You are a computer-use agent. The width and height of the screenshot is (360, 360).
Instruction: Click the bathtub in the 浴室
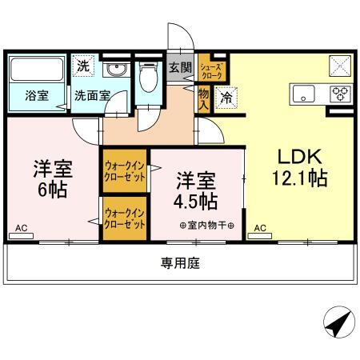(37, 70)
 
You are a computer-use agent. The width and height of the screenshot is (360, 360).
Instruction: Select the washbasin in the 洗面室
(117, 70)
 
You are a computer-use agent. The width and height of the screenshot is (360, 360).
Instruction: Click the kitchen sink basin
(303, 94)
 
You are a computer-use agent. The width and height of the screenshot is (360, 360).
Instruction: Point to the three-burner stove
(342, 94)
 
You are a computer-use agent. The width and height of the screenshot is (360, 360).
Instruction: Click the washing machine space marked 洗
(83, 66)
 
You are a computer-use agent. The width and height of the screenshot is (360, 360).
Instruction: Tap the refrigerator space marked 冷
(226, 98)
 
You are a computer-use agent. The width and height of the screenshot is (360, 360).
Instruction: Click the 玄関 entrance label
(181, 68)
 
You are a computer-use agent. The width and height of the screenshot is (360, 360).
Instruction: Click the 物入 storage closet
(204, 99)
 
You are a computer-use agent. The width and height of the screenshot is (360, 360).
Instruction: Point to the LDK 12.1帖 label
(300, 167)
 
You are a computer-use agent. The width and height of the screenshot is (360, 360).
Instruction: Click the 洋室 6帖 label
(53, 179)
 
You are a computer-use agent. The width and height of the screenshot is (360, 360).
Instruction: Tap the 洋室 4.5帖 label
(196, 191)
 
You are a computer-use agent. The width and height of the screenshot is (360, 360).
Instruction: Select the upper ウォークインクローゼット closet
(125, 171)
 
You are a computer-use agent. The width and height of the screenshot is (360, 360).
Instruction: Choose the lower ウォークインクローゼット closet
(125, 218)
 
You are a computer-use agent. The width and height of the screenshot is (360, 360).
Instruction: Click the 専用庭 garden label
(180, 263)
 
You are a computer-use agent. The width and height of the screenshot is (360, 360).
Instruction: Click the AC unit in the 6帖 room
(21, 236)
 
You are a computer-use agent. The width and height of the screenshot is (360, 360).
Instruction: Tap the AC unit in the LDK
(260, 236)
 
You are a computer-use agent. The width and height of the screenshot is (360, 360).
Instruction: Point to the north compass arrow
(338, 324)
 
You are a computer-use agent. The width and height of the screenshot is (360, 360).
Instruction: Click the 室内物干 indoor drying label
(207, 226)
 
